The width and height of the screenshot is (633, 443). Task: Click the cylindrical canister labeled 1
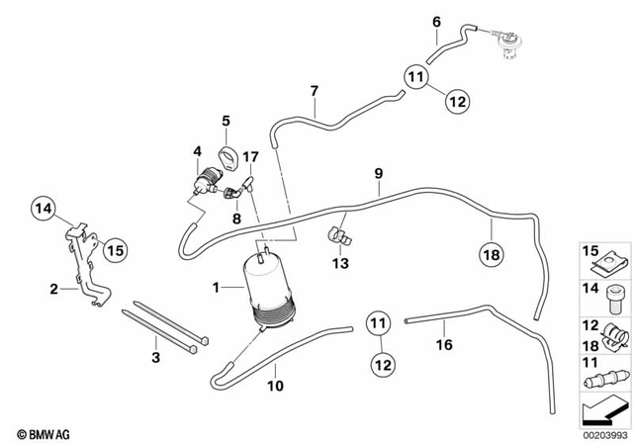[270, 288]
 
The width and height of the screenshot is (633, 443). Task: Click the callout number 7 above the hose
[314, 92]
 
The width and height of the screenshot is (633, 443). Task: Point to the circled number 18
[493, 255]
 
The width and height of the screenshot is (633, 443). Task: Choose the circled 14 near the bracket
[43, 208]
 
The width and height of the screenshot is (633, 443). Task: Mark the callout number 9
[376, 174]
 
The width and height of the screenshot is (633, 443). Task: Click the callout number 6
[436, 21]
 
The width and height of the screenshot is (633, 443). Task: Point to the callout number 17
[249, 155]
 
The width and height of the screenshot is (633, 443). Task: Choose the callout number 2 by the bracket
[52, 289]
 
